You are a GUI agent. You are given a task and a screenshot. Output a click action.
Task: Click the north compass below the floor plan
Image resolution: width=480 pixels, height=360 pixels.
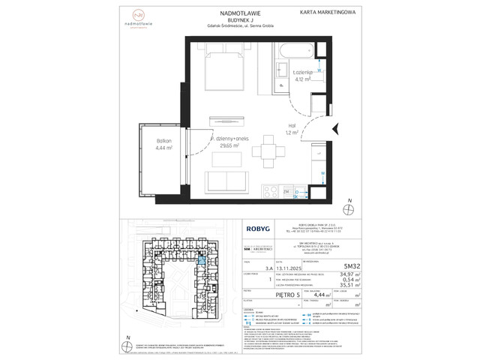pos(349,204)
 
